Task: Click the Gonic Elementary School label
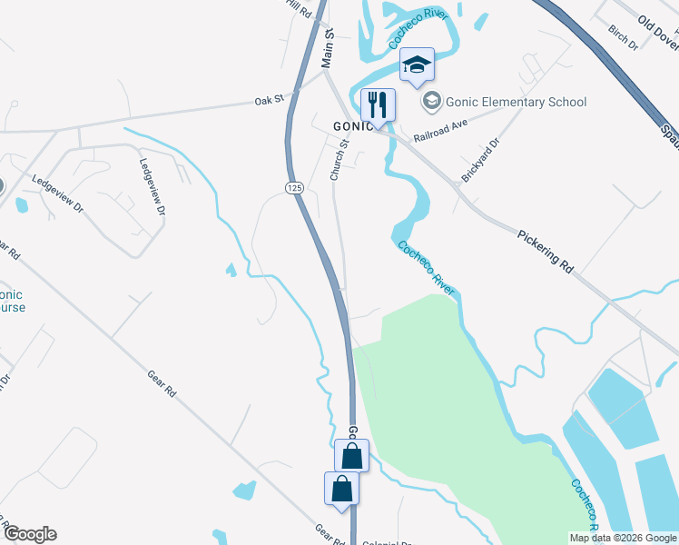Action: (515, 102)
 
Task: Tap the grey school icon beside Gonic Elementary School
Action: (432, 101)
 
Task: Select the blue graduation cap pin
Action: (418, 65)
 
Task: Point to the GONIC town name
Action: (352, 125)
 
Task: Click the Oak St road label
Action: (270, 101)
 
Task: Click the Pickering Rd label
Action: (546, 251)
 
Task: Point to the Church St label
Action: (339, 160)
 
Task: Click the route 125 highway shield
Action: (293, 187)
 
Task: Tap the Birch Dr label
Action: (624, 37)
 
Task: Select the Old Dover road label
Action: (657, 35)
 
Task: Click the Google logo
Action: (29, 534)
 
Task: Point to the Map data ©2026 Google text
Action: (623, 538)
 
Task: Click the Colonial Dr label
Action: (387, 543)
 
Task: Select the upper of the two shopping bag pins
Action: (352, 456)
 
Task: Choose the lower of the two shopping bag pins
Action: (341, 489)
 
